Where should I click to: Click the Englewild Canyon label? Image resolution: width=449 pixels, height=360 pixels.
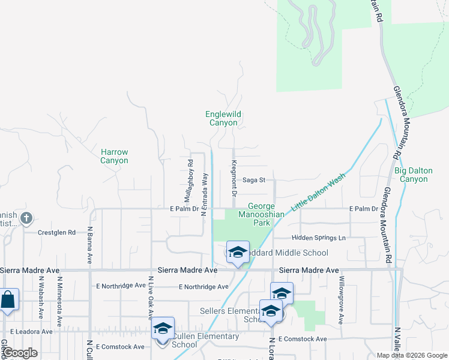tap(223, 118)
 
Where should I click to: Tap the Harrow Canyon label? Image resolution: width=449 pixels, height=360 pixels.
tap(114, 157)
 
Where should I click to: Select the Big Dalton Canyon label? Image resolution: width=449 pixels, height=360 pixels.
tap(413, 175)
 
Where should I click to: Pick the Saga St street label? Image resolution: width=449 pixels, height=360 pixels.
tap(253, 179)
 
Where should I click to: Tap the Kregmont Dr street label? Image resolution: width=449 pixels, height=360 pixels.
tap(234, 179)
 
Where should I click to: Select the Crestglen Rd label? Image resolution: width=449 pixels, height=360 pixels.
tap(56, 232)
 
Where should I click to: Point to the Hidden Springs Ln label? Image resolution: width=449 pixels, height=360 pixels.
tap(319, 238)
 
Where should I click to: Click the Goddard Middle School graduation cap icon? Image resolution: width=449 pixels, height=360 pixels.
tap(238, 252)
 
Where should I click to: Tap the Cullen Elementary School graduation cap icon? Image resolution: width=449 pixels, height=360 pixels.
tap(163, 328)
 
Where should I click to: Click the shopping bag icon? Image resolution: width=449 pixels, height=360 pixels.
tap(8, 299)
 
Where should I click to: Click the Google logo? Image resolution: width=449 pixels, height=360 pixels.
tap(20, 353)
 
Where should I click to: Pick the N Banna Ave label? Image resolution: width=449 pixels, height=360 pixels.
tap(89, 245)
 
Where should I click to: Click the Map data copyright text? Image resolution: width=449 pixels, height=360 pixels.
tap(411, 355)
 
